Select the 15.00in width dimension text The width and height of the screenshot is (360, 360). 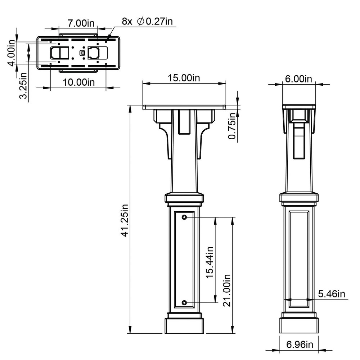pyautogui.click(x=184, y=78)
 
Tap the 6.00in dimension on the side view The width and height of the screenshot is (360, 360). pyautogui.click(x=299, y=79)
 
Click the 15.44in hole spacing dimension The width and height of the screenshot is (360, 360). pyautogui.click(x=210, y=262)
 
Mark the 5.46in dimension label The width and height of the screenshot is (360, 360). pyautogui.click(x=332, y=294)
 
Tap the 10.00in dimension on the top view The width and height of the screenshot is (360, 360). pyautogui.click(x=78, y=82)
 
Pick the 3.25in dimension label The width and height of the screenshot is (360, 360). pyautogui.click(x=24, y=86)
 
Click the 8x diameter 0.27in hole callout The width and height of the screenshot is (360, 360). pyautogui.click(x=147, y=21)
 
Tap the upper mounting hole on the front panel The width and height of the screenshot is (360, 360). pyautogui.click(x=184, y=217)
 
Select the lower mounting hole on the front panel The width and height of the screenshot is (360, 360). pyautogui.click(x=184, y=303)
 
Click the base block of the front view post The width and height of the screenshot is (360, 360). pyautogui.click(x=184, y=326)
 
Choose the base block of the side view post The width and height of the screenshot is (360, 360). pyautogui.click(x=299, y=326)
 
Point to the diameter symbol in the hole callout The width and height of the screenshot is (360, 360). pyautogui.click(x=140, y=22)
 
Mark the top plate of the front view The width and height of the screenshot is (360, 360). pyautogui.click(x=184, y=107)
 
